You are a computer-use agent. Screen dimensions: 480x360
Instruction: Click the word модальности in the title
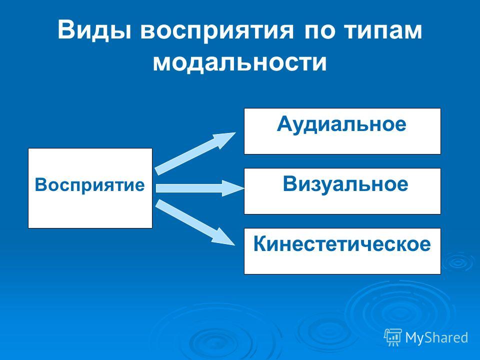click(240, 63)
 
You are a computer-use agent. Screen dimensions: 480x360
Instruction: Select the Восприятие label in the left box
click(89, 185)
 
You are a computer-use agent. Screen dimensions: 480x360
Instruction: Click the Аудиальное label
click(341, 124)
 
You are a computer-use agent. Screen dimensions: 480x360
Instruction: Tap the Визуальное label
click(345, 184)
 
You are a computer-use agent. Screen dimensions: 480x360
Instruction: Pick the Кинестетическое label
click(342, 244)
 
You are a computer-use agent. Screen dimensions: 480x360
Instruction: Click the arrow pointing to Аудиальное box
click(195, 153)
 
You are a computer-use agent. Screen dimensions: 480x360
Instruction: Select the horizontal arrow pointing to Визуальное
click(200, 188)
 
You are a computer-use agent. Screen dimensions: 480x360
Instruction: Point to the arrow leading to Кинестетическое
click(195, 222)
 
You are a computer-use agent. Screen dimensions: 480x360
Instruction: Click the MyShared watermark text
click(437, 337)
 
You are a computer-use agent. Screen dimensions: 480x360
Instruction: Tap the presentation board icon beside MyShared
click(393, 337)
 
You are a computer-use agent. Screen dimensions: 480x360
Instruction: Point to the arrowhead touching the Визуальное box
click(233, 188)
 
